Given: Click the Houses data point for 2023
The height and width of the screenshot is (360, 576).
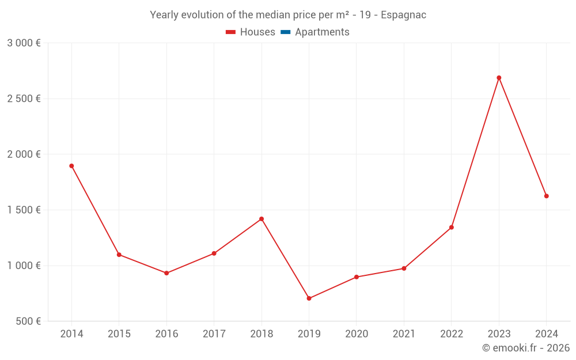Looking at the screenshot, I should [x=499, y=78].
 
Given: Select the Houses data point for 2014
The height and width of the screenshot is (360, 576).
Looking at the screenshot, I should [x=71, y=166].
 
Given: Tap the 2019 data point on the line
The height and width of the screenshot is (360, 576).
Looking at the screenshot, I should [x=309, y=298].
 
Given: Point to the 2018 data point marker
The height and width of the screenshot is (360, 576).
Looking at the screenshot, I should [x=262, y=219].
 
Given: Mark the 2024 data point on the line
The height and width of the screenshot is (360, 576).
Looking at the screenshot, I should [x=546, y=196].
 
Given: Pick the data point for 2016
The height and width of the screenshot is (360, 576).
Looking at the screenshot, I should [x=166, y=273].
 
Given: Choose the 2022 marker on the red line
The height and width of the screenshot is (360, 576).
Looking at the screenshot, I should [x=452, y=227].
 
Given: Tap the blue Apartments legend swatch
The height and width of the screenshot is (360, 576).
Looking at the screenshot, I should [x=285, y=32].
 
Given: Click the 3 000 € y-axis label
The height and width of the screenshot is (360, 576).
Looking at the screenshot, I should [x=24, y=43].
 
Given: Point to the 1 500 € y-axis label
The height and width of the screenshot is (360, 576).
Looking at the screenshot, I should [x=24, y=210].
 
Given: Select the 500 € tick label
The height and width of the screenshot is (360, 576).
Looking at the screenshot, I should [x=28, y=321].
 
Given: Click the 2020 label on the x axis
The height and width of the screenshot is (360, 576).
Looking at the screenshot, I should [x=357, y=334].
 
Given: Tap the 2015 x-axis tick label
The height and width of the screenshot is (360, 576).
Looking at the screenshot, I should [x=119, y=334].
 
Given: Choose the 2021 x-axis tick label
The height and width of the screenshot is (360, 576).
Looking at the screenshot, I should [x=404, y=334].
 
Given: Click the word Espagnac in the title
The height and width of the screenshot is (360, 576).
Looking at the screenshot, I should [x=403, y=15].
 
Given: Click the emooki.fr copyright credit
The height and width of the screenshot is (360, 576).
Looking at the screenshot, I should [x=526, y=348].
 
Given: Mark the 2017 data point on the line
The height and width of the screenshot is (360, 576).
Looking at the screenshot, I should [x=214, y=253].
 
